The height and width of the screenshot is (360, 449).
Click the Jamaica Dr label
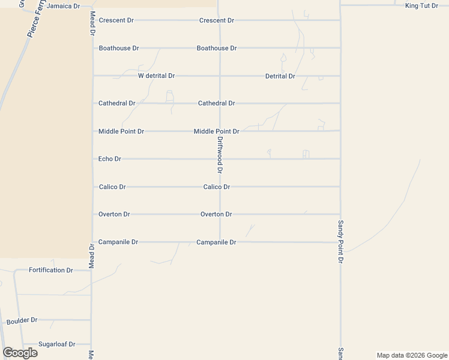point(63,6)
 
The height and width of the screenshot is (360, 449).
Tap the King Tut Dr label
point(421,6)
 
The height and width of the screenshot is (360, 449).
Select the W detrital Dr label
point(156,76)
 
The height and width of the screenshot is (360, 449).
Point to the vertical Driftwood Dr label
point(220,155)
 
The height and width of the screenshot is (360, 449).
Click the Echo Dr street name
point(110,159)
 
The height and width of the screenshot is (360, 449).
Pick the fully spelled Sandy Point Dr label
point(340,242)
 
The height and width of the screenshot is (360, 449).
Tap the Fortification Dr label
point(51,270)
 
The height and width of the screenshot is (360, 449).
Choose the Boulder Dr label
point(22,321)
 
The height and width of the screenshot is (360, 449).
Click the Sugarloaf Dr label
point(56,344)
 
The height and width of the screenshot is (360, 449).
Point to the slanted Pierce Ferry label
point(35,20)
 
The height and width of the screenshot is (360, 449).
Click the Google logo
point(20,353)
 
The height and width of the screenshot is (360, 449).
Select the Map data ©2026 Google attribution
point(411,355)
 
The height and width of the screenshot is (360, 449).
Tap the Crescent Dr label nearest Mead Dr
point(116,20)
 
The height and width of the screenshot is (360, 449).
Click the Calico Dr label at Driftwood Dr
point(217,187)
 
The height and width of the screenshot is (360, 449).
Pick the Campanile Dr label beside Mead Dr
point(118,242)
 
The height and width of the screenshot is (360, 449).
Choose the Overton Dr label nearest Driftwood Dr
point(216,214)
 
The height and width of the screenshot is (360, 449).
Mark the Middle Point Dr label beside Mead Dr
point(121,131)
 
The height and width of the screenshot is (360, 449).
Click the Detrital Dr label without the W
point(280,76)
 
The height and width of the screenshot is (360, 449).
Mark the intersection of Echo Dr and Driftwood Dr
point(220,159)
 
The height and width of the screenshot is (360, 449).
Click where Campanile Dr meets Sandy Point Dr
point(340,242)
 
